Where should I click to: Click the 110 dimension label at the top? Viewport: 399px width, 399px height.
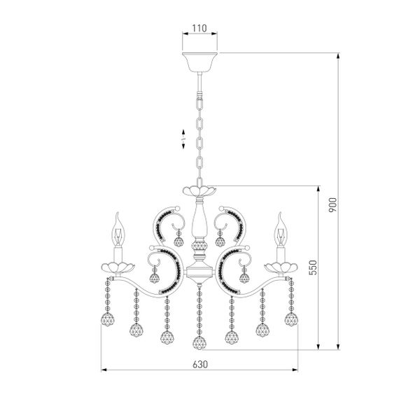click(x=199, y=28)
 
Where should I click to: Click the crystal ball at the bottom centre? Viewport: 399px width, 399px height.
click(x=199, y=344)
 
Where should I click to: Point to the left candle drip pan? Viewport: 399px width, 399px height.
click(x=115, y=266)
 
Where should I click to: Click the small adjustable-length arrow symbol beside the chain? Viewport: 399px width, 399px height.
click(x=183, y=139)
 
